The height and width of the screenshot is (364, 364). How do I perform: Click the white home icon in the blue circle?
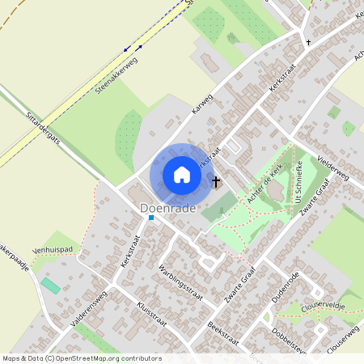[x=182, y=175]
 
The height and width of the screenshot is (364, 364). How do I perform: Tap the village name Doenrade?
[x=168, y=209]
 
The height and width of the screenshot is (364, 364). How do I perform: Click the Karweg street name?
[x=201, y=104]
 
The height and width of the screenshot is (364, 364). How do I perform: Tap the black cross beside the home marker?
[x=216, y=182]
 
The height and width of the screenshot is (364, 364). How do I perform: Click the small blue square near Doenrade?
[x=150, y=217]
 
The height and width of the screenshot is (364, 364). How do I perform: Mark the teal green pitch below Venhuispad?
[x=50, y=286]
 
